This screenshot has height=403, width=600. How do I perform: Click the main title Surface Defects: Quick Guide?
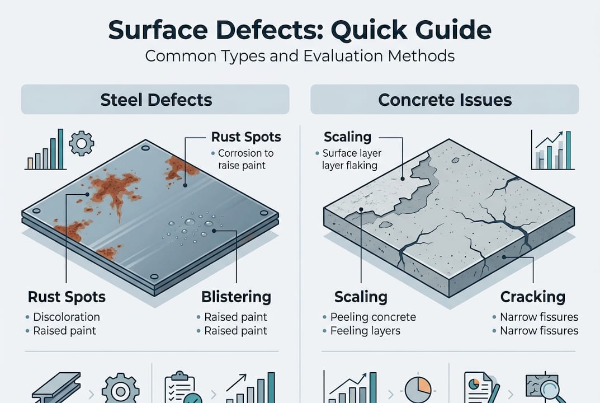click(300, 30)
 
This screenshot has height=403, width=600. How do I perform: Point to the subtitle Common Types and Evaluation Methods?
click(300, 56)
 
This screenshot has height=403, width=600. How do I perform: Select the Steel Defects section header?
click(155, 100)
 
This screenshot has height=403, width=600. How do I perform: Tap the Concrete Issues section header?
click(445, 100)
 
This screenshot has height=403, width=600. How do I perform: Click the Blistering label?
click(235, 297)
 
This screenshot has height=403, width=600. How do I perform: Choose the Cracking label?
click(532, 297)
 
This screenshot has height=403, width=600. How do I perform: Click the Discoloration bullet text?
click(66, 317)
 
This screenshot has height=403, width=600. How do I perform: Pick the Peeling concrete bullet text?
click(373, 317)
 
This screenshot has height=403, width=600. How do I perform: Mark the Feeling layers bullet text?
click(365, 331)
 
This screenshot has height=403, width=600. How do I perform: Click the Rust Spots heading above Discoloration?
click(67, 297)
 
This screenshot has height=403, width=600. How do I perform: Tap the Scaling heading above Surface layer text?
click(347, 137)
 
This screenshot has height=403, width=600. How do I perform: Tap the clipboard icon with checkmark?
click(180, 387)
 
